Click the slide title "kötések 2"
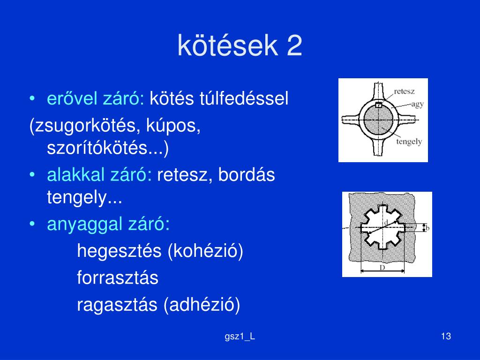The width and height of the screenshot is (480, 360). [240, 45]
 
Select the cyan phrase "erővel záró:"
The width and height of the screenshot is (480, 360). [96, 98]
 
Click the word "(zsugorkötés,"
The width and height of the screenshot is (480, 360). [85, 126]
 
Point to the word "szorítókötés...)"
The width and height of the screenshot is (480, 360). [108, 148]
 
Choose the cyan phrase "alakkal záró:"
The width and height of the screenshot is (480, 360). [99, 175]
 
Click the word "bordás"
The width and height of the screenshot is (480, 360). [247, 175]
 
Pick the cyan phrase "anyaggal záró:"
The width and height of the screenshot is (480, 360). [108, 224]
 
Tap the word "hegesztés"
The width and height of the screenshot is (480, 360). [119, 251]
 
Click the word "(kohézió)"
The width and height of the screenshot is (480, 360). [205, 251]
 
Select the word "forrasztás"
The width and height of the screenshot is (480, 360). [118, 277]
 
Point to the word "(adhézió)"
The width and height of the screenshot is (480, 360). [202, 305]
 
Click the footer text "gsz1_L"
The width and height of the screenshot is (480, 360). [240, 337]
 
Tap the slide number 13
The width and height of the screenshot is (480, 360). [446, 336]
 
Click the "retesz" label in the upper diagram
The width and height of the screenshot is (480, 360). [405, 91]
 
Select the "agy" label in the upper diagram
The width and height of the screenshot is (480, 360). [418, 104]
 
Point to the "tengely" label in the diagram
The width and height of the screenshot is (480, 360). [409, 142]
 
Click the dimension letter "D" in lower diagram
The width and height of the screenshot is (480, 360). [382, 268]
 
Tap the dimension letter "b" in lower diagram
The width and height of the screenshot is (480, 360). [427, 228]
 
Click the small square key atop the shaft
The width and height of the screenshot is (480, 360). [379, 105]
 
